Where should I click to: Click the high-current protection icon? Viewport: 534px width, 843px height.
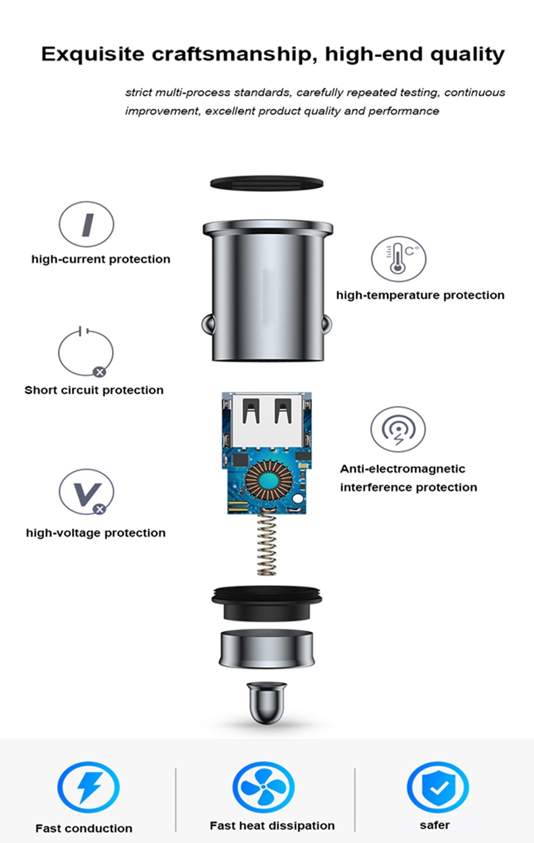[x=86, y=224]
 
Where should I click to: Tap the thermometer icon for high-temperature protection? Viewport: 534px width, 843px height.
[x=399, y=259]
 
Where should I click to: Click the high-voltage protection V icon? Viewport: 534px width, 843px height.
[x=86, y=492]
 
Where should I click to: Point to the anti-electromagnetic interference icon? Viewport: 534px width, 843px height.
[x=398, y=429]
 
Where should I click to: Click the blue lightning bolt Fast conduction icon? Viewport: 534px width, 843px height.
[x=88, y=787]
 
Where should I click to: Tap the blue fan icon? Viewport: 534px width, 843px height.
[x=264, y=787]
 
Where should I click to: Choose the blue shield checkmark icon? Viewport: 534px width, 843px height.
[x=438, y=787]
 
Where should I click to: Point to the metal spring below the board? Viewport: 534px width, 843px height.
[x=267, y=543]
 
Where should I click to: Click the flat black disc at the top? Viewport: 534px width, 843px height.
[x=267, y=183]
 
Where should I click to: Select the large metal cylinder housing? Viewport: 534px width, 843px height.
[x=268, y=291]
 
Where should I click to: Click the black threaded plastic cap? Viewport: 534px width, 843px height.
[x=267, y=603]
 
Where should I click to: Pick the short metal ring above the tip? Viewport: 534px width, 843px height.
[x=267, y=649]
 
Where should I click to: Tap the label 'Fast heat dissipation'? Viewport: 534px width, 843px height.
[x=272, y=826]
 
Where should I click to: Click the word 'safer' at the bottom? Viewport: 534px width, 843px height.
[x=435, y=826]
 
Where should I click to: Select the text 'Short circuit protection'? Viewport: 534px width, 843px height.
[x=94, y=390]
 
